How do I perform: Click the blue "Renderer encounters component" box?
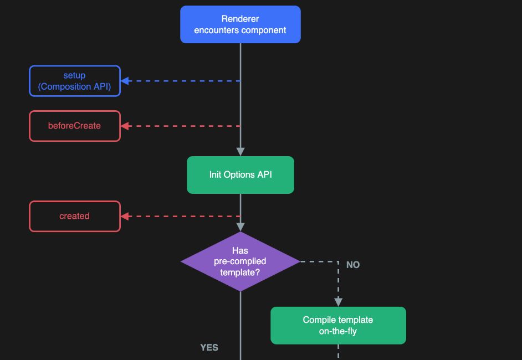pos(240,24)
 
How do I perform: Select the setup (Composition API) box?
pos(75,81)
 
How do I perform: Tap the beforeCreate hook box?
pos(75,126)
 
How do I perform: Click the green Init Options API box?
pos(240,174)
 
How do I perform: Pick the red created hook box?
pos(75,216)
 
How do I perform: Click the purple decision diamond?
pos(240,261)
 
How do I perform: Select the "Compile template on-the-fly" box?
pos(338,326)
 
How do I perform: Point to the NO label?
pos(353,265)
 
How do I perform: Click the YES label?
pos(209,347)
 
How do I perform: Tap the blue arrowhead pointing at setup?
pos(125,81)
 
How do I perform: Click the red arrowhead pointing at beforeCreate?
pos(125,126)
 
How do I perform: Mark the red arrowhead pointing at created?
pos(125,216)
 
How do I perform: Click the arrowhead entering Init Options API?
pos(240,152)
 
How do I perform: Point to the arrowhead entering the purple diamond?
pos(240,227)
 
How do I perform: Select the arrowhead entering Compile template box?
pos(338,302)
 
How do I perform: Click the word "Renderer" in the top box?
pos(240,19)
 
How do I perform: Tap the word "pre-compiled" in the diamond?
pos(240,261)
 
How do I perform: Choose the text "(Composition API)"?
pos(75,86)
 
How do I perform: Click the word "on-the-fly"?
pos(338,331)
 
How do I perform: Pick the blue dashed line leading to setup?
pos(183,81)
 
